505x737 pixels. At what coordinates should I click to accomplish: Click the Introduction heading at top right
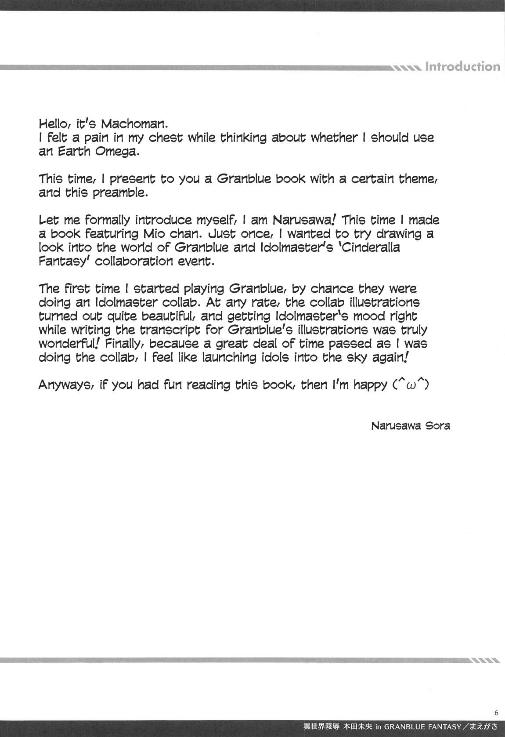pos(462,67)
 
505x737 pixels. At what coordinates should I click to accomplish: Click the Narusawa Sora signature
pos(410,426)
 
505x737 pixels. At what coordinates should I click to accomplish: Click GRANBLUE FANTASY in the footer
pos(422,726)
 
